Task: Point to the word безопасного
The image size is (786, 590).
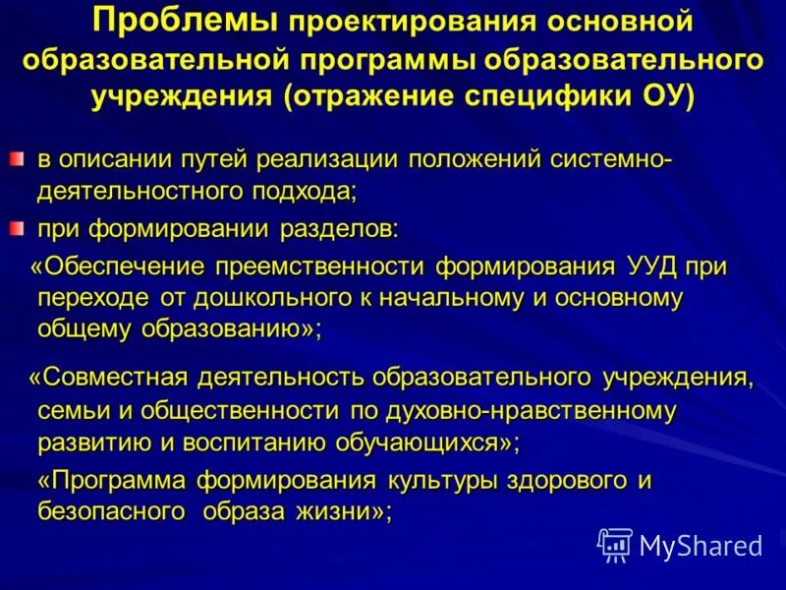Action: [x=111, y=512]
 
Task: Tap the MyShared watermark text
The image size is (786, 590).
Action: [x=700, y=544]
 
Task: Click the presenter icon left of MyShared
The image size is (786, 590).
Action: [x=615, y=544]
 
